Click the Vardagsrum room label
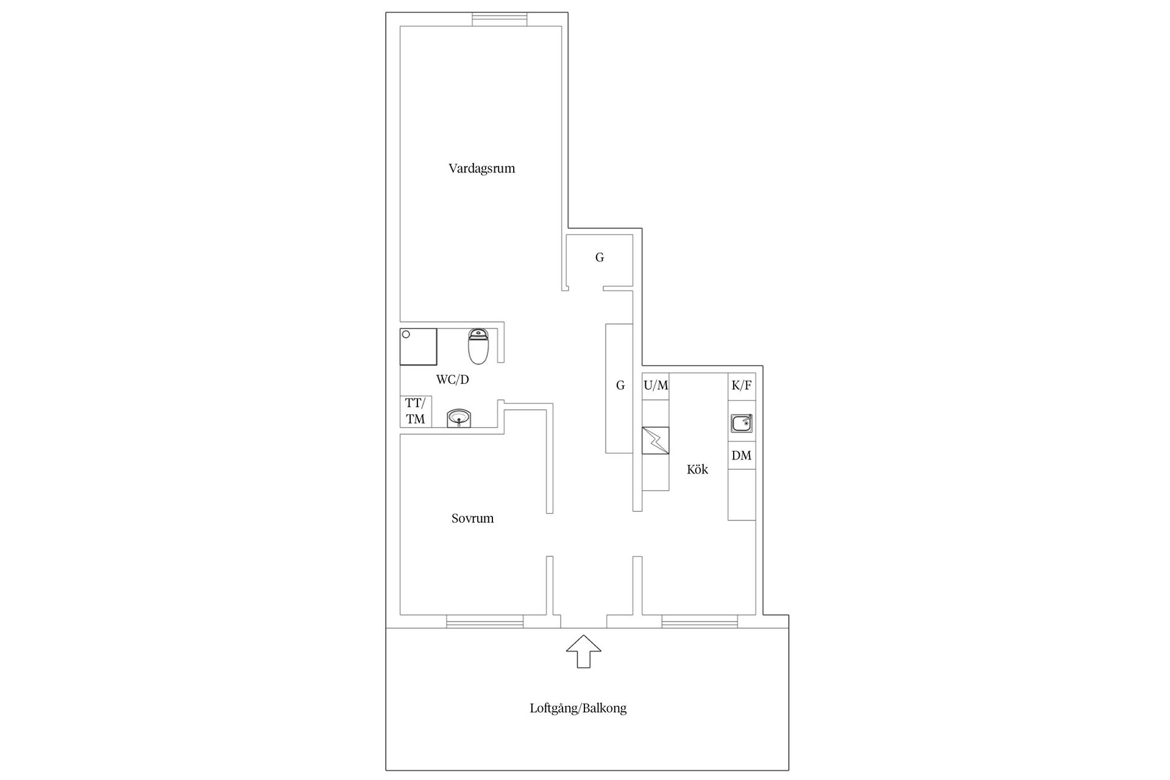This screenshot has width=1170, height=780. [481, 169]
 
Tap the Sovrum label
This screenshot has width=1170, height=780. [472, 519]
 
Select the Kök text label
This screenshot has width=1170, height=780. [697, 469]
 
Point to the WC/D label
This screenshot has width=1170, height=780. [452, 380]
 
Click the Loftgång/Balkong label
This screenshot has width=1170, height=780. [578, 708]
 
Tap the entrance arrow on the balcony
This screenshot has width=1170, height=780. [584, 651]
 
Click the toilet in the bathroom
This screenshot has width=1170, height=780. [478, 346]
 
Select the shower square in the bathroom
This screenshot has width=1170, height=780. [418, 346]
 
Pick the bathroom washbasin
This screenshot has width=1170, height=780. [459, 418]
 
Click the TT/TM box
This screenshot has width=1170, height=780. [416, 411]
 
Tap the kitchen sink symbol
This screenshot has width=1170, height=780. [742, 423]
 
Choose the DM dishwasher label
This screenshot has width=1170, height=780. [742, 456]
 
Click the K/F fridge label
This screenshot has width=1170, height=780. [742, 386]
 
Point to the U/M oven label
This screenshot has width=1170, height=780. [656, 386]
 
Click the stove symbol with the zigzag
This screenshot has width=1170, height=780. [656, 440]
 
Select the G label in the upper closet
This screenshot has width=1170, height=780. [600, 258]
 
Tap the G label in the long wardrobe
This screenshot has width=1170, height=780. [620, 386]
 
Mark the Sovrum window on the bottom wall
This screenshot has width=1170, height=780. [484, 622]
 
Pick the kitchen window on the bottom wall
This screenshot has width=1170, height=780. [700, 622]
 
